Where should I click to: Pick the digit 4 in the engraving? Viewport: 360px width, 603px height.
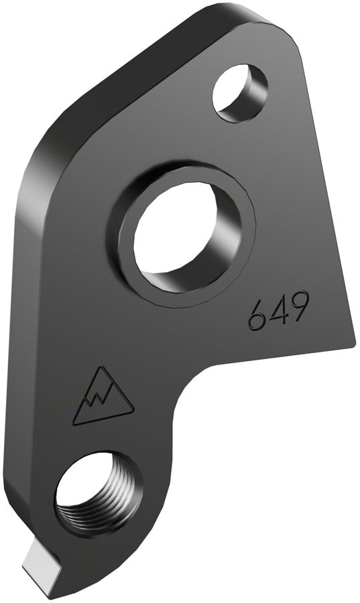pos(278,310)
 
